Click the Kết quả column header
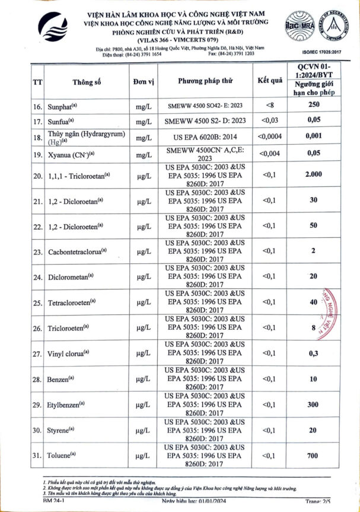pos(269,81)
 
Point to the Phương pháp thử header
pos(205,81)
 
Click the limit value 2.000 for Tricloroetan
pos(314,174)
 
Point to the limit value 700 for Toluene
pos(314,456)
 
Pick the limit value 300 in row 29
pos(314,405)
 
